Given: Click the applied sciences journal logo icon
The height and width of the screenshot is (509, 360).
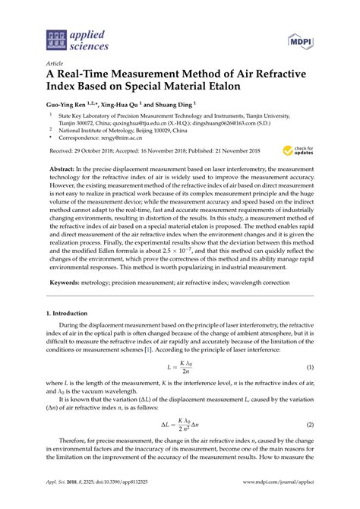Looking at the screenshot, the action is coord(54,37).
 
